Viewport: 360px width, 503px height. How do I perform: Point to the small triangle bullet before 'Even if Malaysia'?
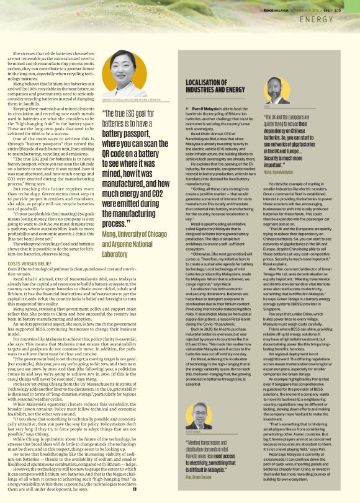click(188, 109)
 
